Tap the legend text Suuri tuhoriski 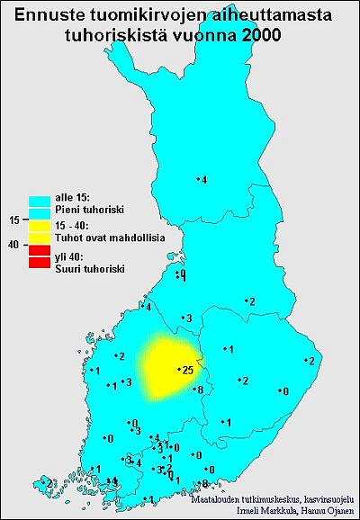click(x=89, y=268)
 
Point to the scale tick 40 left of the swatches click(x=13, y=243)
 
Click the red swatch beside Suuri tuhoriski click(x=39, y=262)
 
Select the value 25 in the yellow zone click(x=187, y=370)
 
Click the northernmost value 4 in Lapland click(x=204, y=181)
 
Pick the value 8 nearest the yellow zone click(x=200, y=390)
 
